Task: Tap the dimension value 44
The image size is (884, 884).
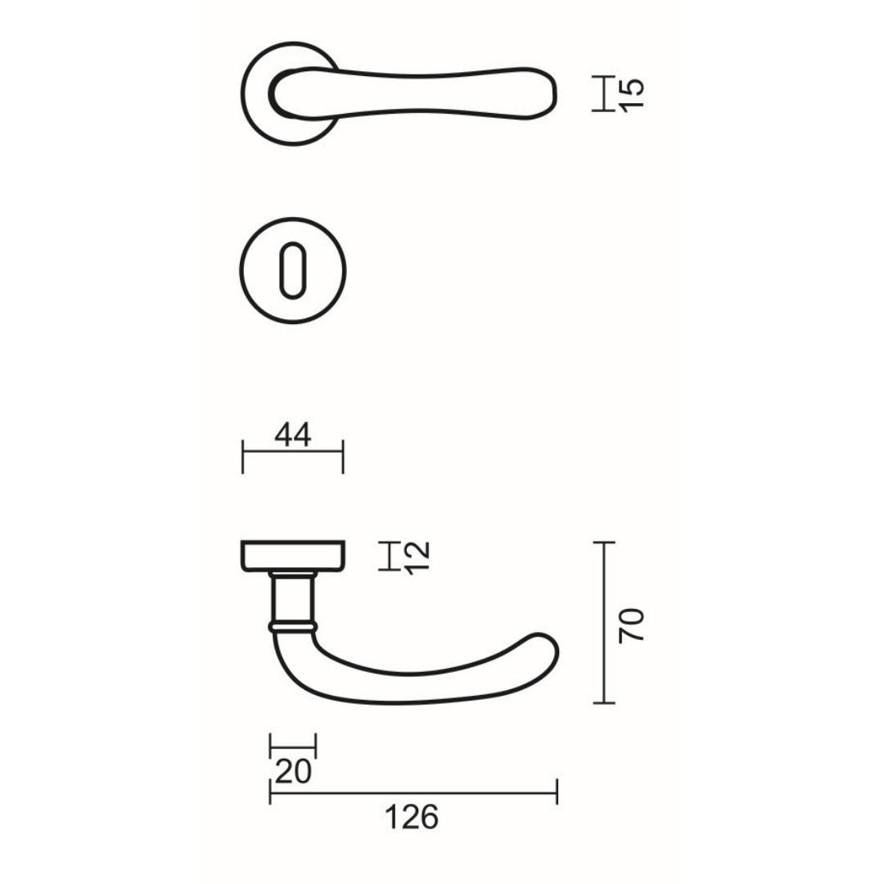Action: (293, 435)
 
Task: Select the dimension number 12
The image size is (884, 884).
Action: (417, 557)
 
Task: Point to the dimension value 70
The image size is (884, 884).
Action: (631, 625)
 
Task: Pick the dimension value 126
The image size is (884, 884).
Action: (412, 817)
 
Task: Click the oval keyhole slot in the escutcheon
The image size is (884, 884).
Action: (292, 271)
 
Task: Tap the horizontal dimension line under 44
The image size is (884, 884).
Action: (293, 452)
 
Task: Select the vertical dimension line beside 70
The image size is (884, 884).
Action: (604, 622)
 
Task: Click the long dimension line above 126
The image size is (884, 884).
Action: (413, 792)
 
